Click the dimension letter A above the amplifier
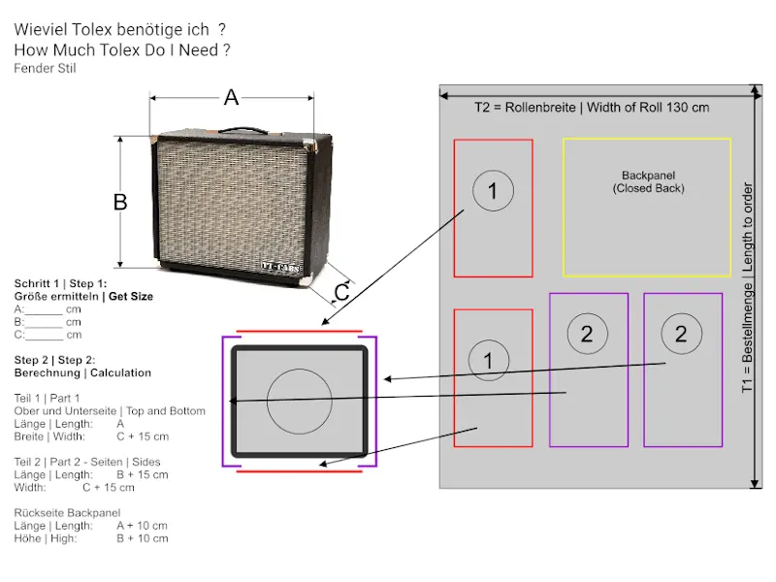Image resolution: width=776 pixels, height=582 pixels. (x=231, y=97)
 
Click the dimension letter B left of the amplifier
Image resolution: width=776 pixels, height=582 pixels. (x=120, y=202)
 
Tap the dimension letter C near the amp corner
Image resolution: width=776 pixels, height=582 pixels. (x=341, y=292)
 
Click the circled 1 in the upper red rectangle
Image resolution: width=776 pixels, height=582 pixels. (x=493, y=191)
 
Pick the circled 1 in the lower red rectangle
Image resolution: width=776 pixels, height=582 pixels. (x=488, y=361)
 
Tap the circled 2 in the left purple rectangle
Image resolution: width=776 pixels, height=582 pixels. (x=587, y=334)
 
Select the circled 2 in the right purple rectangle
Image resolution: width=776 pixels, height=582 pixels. (x=681, y=334)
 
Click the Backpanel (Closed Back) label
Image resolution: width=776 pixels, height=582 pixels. (x=648, y=182)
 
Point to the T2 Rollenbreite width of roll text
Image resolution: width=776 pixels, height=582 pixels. (x=591, y=107)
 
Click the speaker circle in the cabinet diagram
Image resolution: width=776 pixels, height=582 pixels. (x=300, y=401)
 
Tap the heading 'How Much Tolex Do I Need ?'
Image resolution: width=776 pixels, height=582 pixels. (x=122, y=49)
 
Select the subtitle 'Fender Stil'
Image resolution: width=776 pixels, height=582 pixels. (x=45, y=68)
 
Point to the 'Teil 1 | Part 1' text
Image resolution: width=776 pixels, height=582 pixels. (x=47, y=398)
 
